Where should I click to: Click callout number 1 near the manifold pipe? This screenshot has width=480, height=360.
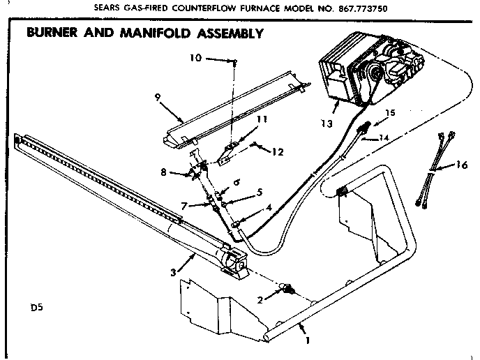[306, 341]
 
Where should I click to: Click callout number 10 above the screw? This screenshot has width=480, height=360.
[195, 58]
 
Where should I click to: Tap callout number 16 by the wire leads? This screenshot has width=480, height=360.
[461, 165]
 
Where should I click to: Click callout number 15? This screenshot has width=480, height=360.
[389, 112]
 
